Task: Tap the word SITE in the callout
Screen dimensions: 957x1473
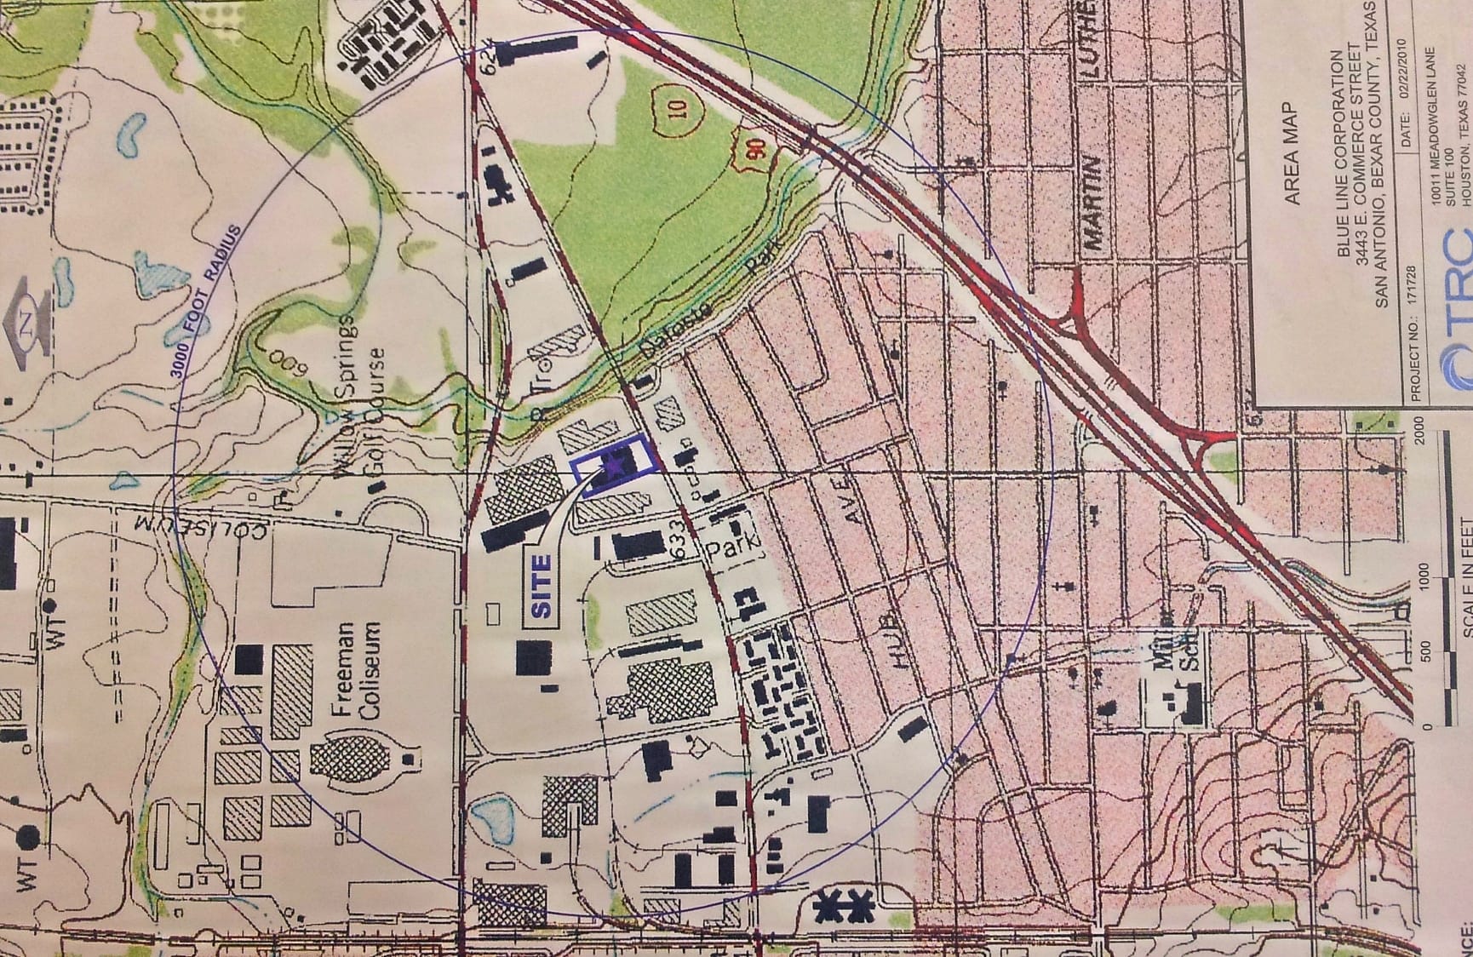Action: click(x=542, y=586)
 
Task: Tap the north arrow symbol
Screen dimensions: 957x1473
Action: click(x=25, y=328)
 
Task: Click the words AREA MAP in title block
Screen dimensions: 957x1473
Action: click(x=1292, y=153)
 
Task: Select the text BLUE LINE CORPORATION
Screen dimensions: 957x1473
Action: click(x=1340, y=153)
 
